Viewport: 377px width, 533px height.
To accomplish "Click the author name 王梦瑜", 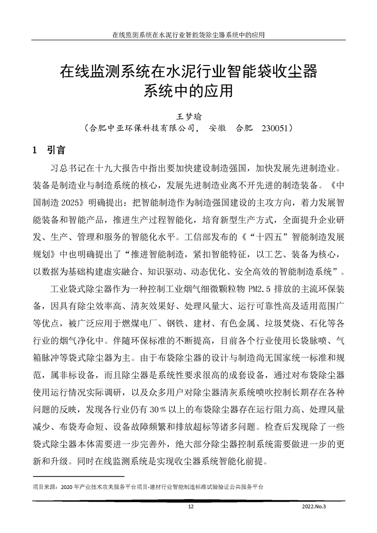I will pyautogui.click(x=188, y=115).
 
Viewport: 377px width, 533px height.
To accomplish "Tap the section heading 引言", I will pyautogui.click(x=57, y=150).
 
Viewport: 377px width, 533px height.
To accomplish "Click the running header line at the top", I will pyautogui.click(x=188, y=35).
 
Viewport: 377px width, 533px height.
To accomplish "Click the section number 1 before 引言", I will pyautogui.click(x=35, y=150).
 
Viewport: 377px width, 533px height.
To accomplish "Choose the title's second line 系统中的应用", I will pyautogui.click(x=188, y=89).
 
